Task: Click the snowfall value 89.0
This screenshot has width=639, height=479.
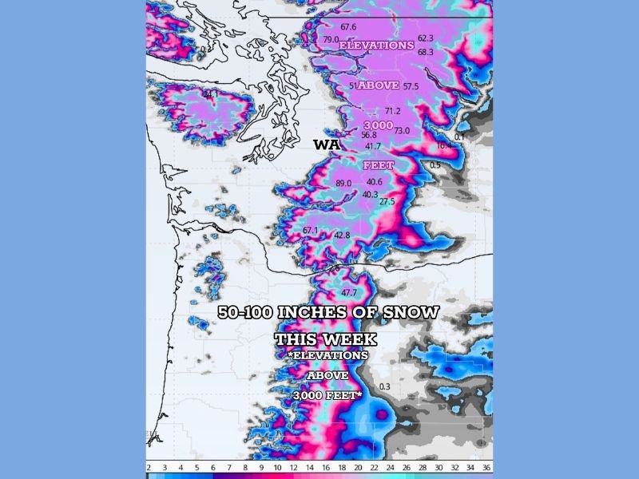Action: [343, 184]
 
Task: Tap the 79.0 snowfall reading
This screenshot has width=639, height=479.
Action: [331, 40]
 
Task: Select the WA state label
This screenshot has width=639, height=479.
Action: [326, 144]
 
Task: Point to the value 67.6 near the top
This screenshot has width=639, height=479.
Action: [348, 27]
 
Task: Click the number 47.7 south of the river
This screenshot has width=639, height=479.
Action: [349, 293]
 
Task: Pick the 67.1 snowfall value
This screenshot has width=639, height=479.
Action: [310, 231]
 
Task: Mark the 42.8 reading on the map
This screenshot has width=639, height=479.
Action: [342, 236]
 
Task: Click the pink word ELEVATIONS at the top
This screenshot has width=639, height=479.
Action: [377, 46]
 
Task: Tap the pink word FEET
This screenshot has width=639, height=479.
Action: [379, 165]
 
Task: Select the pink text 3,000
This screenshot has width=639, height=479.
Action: [379, 126]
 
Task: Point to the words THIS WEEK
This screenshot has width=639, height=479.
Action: [326, 339]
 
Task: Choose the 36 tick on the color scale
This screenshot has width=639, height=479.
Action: [487, 466]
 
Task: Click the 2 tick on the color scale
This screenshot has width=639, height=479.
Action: [149, 466]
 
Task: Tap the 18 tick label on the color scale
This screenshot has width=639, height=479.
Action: [342, 466]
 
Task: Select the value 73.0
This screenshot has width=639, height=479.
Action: [402, 130]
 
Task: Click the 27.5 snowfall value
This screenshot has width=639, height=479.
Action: [387, 202]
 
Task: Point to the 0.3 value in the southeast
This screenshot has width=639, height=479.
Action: [385, 387]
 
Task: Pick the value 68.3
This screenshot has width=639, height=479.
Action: [426, 52]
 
